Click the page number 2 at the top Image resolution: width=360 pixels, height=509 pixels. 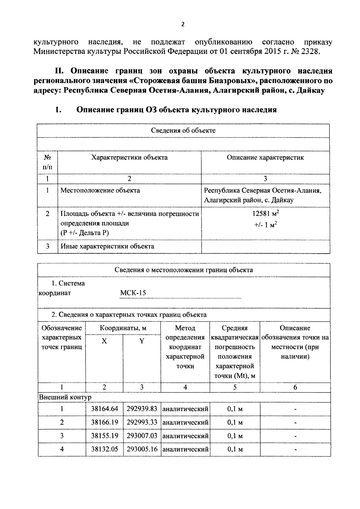[x=183, y=25]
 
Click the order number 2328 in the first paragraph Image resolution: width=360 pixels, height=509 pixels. [x=309, y=51]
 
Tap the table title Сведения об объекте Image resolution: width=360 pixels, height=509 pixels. [x=183, y=131]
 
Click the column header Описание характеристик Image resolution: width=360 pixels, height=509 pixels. [x=265, y=158]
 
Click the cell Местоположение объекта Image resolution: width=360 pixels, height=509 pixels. [x=100, y=190]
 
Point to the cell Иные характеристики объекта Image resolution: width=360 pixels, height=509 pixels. [x=107, y=246]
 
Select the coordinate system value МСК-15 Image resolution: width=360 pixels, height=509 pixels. [x=133, y=293]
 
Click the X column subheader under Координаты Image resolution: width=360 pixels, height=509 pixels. [x=104, y=341]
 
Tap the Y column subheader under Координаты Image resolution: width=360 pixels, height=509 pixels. [x=142, y=341]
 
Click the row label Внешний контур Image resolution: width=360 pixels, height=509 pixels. [x=65, y=397]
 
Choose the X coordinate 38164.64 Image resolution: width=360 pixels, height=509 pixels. [x=104, y=409]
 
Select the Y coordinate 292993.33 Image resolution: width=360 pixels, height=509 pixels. [x=142, y=422]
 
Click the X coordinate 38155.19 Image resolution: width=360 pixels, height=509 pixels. [x=104, y=436]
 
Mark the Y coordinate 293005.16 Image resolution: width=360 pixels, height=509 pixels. [x=142, y=449]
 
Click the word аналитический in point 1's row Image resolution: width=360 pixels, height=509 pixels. [x=185, y=409]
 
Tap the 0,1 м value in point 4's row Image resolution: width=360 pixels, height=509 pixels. [x=235, y=449]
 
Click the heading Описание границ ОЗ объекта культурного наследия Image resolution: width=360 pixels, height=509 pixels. [x=176, y=110]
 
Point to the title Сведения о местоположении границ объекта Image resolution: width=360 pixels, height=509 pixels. [x=184, y=270]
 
